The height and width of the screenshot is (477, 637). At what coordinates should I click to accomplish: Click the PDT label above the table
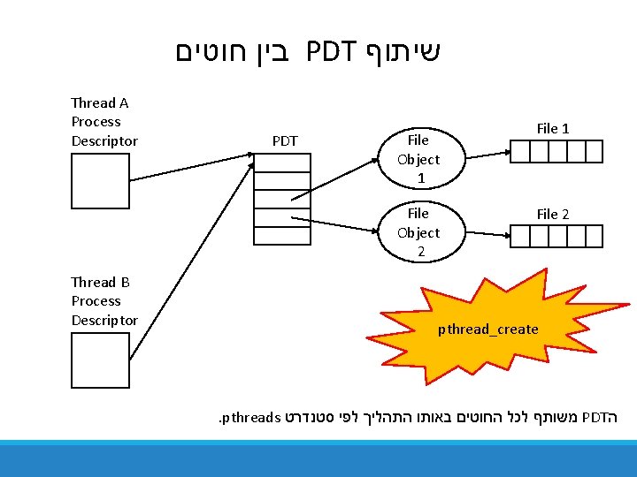[x=285, y=141]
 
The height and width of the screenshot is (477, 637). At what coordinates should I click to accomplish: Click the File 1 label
[x=553, y=129]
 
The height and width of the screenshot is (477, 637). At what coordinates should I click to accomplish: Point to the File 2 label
[x=553, y=215]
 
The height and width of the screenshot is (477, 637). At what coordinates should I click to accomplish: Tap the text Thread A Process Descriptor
[x=104, y=122]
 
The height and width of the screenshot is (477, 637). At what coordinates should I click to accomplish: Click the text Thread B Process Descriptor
[x=104, y=301]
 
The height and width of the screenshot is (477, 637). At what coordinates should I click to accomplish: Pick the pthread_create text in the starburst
[x=487, y=329]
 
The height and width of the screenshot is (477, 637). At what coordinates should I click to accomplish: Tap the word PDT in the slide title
[x=331, y=52]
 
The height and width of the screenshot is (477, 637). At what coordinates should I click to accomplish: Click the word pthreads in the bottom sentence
[x=252, y=414]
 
